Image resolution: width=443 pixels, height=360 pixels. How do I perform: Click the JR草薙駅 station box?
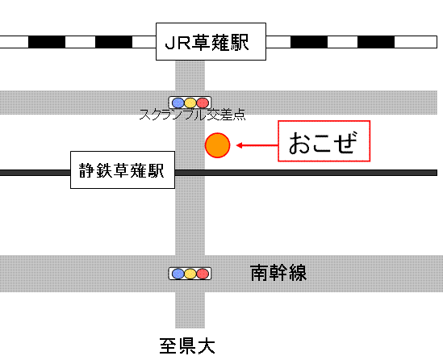pos(211,41)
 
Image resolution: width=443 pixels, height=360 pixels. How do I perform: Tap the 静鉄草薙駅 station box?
pos(123,170)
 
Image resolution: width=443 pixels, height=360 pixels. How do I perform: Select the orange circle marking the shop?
pos(218,145)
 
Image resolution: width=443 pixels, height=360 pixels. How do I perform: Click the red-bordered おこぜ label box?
pos(324,141)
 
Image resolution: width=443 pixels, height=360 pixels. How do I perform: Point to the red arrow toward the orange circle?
pos(257,145)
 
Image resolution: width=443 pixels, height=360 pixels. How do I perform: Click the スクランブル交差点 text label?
pos(193,115)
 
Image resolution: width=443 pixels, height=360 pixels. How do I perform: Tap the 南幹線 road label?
pos(278,273)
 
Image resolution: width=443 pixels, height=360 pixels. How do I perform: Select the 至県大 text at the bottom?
pos(187,345)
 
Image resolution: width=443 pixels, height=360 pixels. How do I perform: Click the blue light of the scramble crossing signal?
pos(178,103)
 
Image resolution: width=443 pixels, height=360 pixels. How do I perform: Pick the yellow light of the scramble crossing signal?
pos(190,103)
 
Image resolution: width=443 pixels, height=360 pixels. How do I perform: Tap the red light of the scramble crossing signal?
pos(203,103)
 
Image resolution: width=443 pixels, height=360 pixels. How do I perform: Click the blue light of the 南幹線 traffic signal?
pos(178,274)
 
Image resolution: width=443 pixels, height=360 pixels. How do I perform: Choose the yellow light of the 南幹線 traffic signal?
pos(190,274)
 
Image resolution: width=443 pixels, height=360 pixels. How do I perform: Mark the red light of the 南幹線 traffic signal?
pos(203,274)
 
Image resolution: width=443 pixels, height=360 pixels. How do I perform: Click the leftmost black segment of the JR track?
pos(47,42)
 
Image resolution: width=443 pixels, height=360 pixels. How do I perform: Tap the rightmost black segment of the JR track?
pos(376,42)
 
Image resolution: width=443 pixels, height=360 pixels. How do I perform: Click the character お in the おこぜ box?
pos(299,143)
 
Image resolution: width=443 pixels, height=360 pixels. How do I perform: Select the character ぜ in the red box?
pos(345,142)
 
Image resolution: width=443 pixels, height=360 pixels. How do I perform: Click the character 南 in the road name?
pos(259,273)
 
